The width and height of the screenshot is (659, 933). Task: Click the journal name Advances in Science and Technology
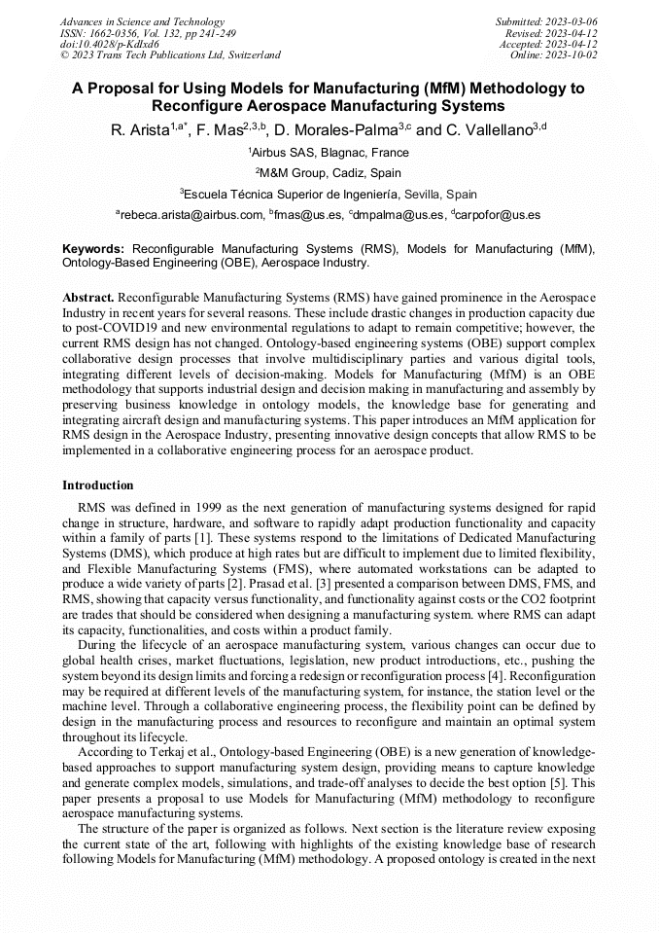click(x=142, y=21)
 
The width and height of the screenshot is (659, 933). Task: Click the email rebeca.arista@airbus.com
click(x=191, y=214)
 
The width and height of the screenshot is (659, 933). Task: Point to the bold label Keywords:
click(x=93, y=249)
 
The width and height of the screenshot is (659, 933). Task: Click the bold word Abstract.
click(x=88, y=296)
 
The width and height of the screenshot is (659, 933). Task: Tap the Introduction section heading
click(x=98, y=484)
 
